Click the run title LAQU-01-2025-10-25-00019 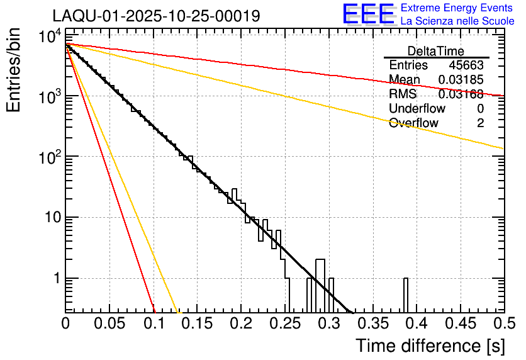pos(156,16)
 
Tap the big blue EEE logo pos(368,14)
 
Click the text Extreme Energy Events pos(456,8)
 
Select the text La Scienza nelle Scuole pos(457,21)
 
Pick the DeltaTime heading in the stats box pos(435,51)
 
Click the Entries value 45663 pos(466,65)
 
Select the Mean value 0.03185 pos(461,80)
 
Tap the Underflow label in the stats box pos(416,109)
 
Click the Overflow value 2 pos(480,123)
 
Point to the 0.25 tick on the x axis pos(285,323)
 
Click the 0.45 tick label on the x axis pos(460,323)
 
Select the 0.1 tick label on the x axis pos(154,323)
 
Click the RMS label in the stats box pos(403,94)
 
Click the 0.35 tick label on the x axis pos(372,323)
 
